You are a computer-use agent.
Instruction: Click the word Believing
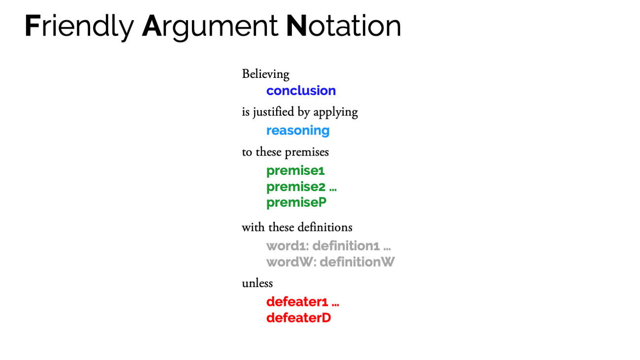tap(265, 74)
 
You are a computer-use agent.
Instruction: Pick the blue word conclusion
tap(301, 91)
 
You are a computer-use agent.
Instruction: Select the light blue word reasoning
tap(298, 131)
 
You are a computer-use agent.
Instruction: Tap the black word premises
tap(307, 152)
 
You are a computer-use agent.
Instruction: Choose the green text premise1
tap(295, 171)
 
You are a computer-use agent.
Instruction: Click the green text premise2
tap(296, 187)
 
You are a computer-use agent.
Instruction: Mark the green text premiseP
tap(296, 202)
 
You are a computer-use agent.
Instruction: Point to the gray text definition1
tap(346, 245)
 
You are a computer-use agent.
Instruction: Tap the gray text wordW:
tap(291, 262)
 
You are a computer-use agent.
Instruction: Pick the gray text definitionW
tap(357, 262)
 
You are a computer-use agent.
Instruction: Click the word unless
tap(257, 283)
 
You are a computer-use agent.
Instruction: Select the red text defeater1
tap(297, 301)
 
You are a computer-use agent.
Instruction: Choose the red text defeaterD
tap(299, 318)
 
